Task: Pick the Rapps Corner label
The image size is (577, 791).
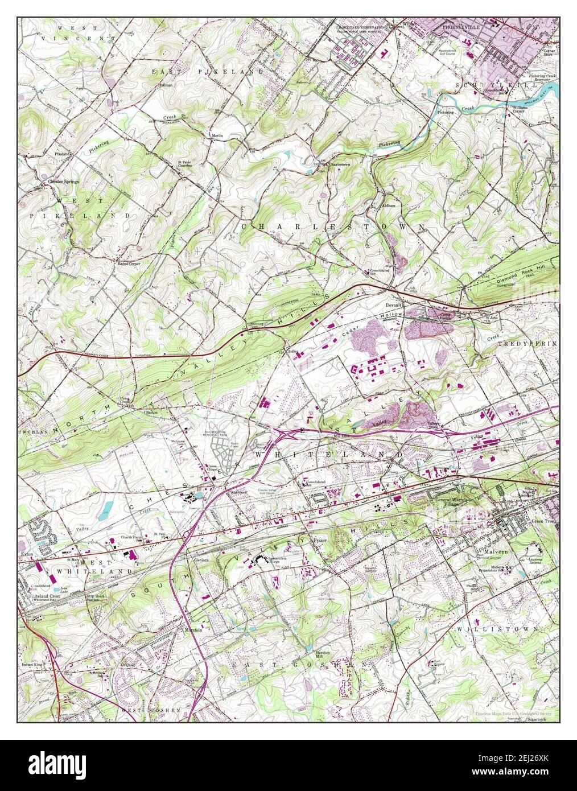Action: [x=130, y=264]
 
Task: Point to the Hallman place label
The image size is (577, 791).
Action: [x=165, y=84]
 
